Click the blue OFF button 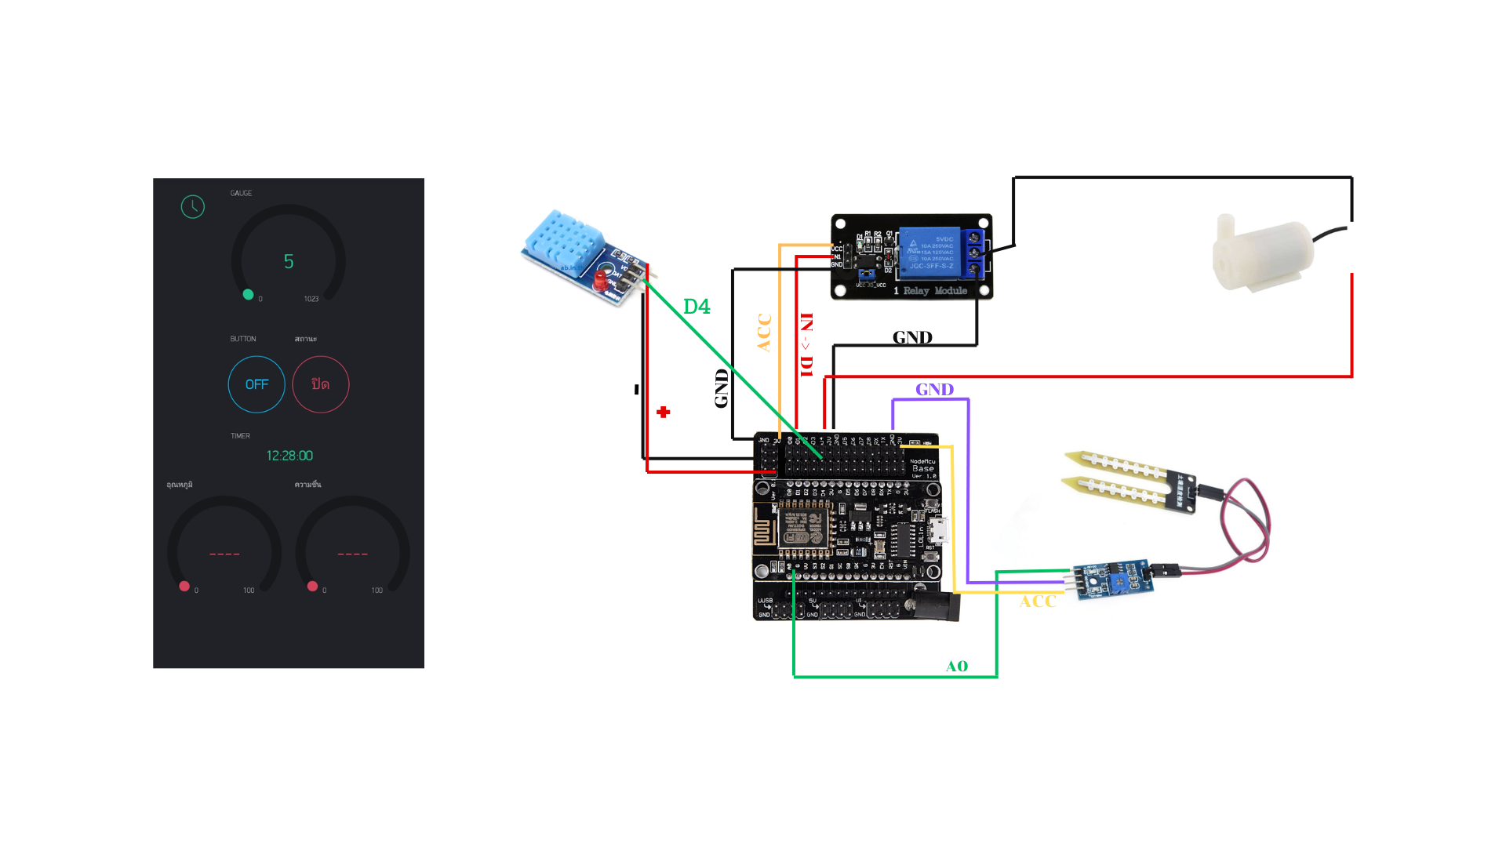pyautogui.click(x=256, y=384)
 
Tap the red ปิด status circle pyautogui.click(x=320, y=384)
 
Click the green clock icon pyautogui.click(x=193, y=206)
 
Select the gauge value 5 pyautogui.click(x=289, y=261)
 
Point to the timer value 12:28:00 pyautogui.click(x=289, y=456)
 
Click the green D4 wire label pyautogui.click(x=697, y=307)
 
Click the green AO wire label pyautogui.click(x=957, y=667)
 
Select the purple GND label pyautogui.click(x=934, y=390)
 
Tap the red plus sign pyautogui.click(x=664, y=412)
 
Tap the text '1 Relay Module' pyautogui.click(x=931, y=291)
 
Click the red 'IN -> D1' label pyautogui.click(x=806, y=345)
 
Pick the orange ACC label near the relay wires pyautogui.click(x=764, y=333)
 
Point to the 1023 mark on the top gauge pyautogui.click(x=311, y=299)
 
